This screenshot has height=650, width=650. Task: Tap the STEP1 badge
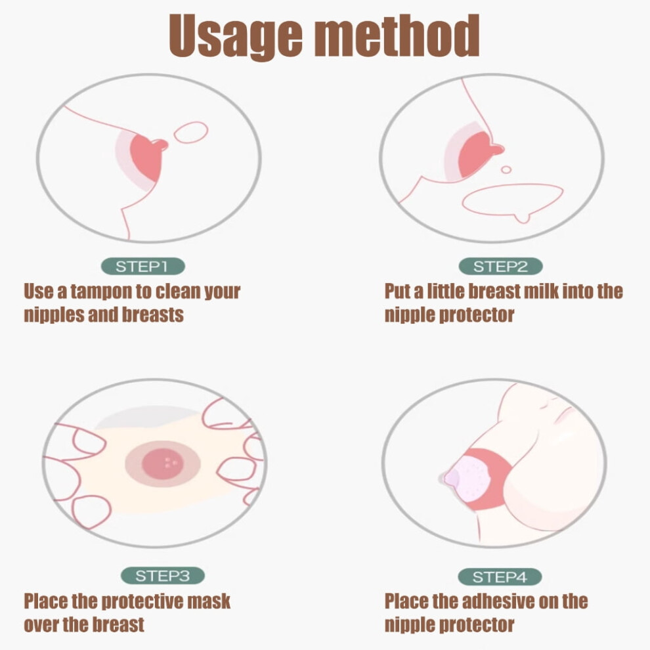tap(142, 266)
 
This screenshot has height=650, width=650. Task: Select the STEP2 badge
tap(500, 266)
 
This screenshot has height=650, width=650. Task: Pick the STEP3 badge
tap(163, 575)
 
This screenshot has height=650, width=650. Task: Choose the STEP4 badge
tap(500, 576)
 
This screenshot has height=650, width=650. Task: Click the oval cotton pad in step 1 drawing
tap(190, 132)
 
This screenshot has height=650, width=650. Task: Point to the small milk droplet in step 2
tap(506, 169)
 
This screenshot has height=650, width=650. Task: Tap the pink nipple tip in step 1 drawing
tap(161, 144)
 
